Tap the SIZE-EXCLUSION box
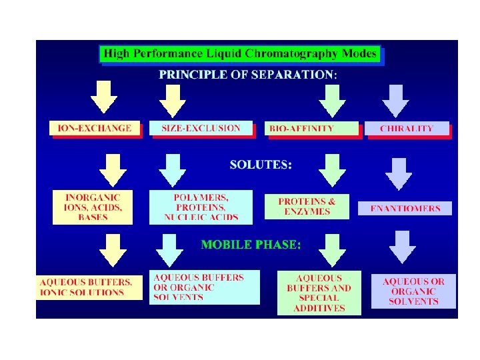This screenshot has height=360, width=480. pyautogui.click(x=201, y=128)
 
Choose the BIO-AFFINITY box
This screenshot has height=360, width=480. pyautogui.click(x=311, y=129)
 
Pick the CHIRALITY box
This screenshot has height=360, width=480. pyautogui.click(x=406, y=129)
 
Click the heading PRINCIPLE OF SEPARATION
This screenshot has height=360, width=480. pyautogui.click(x=248, y=75)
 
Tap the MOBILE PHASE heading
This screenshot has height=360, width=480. pyautogui.click(x=251, y=245)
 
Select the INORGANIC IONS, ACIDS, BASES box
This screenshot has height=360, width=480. pyautogui.click(x=93, y=207)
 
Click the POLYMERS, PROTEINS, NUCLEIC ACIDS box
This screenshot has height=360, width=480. pyautogui.click(x=201, y=207)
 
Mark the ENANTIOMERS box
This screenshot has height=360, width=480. pyautogui.click(x=405, y=209)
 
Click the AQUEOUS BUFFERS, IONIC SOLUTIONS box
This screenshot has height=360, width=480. pyautogui.click(x=89, y=287)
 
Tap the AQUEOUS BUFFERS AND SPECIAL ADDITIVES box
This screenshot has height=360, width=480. pyautogui.click(x=319, y=292)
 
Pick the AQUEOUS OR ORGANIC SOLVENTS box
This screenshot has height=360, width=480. pyautogui.click(x=413, y=291)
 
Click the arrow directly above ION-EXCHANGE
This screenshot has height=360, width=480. pyautogui.click(x=104, y=97)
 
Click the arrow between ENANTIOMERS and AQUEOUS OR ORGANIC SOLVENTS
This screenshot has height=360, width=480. pyautogui.click(x=403, y=247)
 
